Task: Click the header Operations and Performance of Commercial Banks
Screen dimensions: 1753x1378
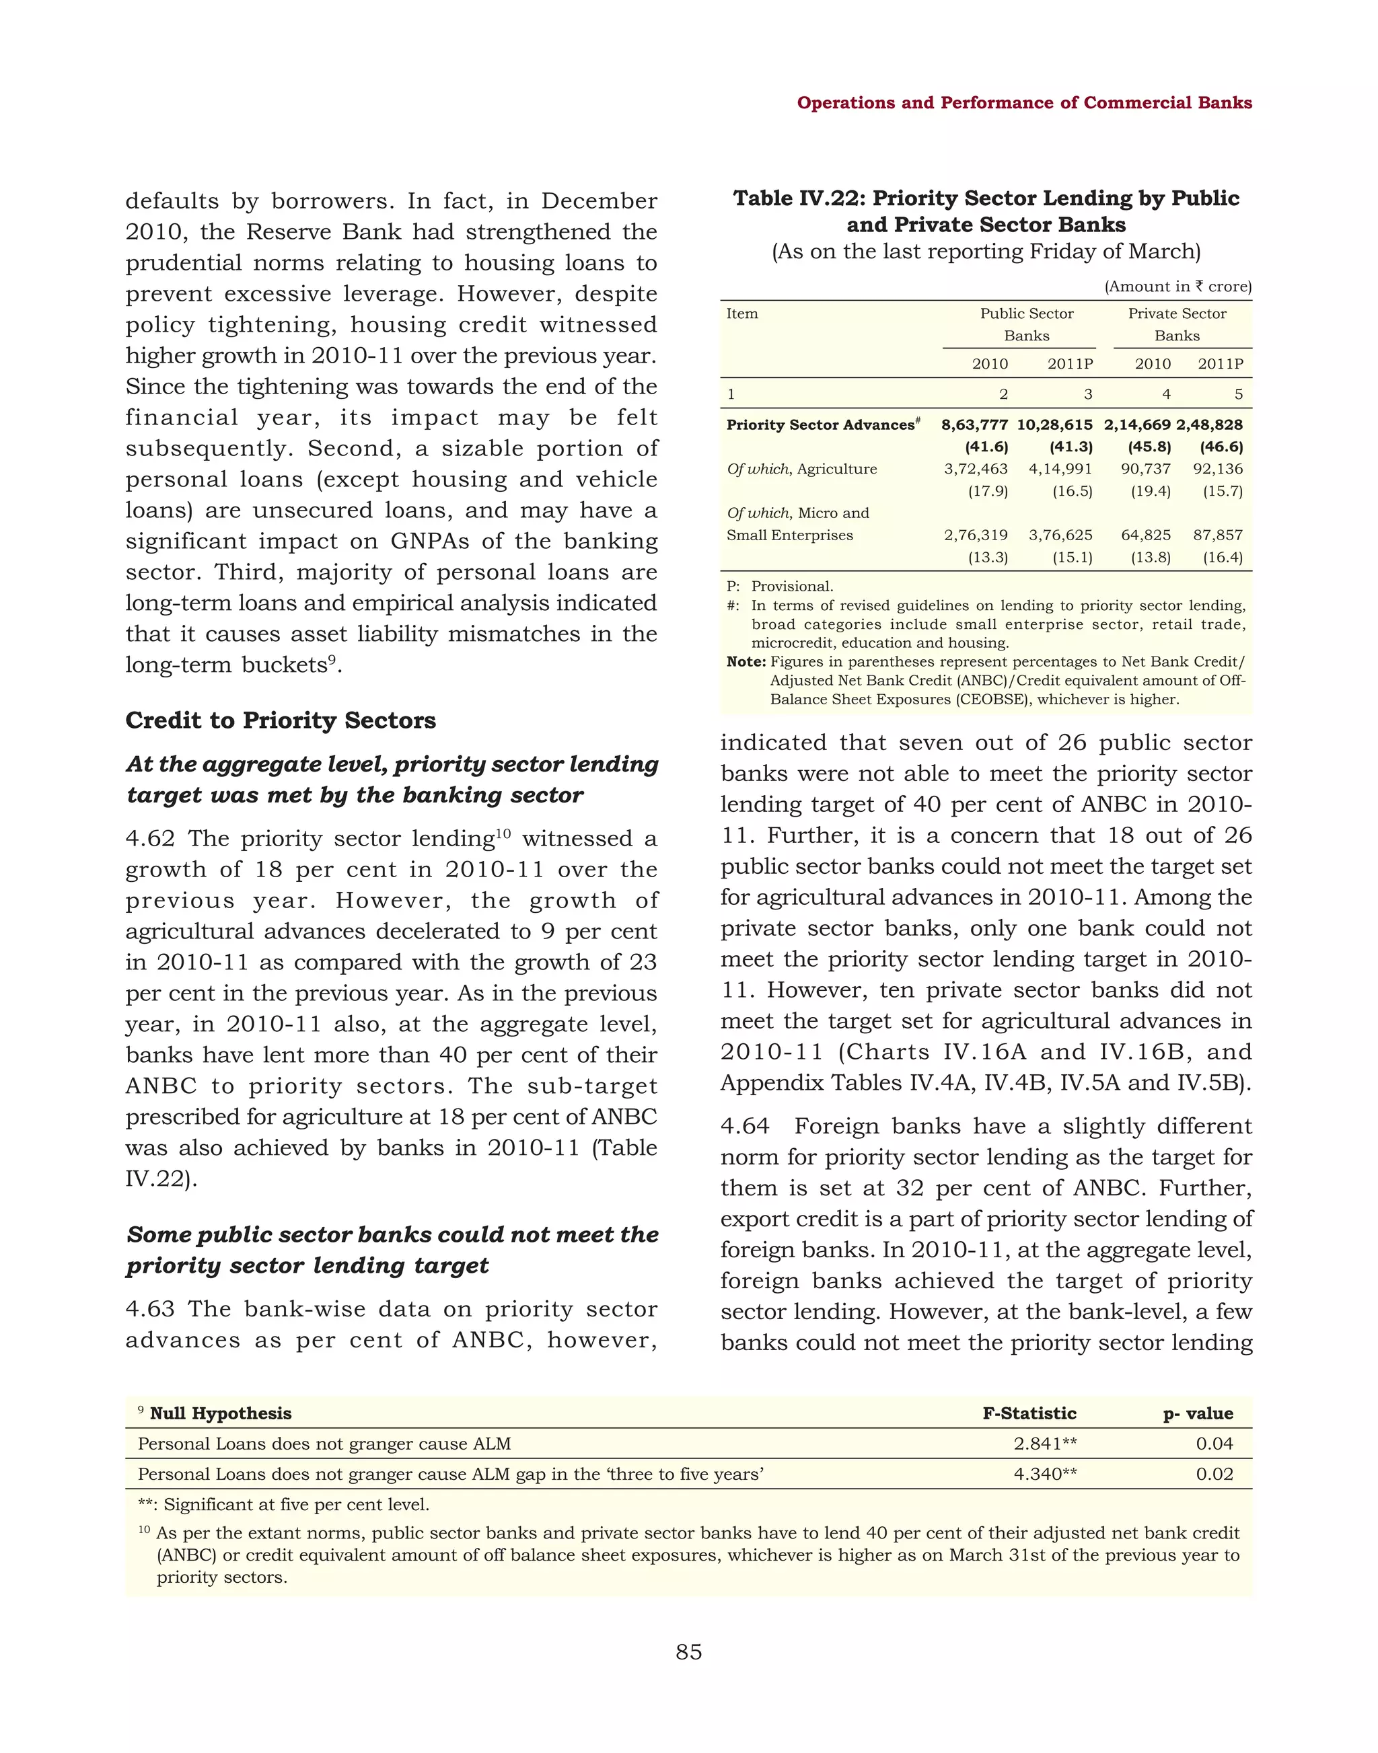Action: point(1024,102)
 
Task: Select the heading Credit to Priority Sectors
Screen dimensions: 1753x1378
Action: point(280,720)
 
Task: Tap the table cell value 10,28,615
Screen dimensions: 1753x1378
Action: point(1054,425)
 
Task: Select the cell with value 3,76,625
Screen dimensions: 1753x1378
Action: point(1060,535)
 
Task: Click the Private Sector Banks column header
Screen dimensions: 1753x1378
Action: point(1176,324)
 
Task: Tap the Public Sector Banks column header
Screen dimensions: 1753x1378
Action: point(1026,324)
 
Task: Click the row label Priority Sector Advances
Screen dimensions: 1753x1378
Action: point(820,425)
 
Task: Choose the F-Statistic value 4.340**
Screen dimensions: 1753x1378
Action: point(1045,1474)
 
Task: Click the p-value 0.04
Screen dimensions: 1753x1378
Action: point(1214,1443)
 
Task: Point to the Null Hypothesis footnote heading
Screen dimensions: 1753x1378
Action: point(220,1413)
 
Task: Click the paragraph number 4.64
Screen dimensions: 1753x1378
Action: point(745,1126)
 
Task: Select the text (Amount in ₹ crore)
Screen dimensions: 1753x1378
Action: point(1177,287)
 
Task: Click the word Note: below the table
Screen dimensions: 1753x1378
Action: point(746,661)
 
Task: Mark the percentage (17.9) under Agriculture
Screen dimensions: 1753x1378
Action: point(988,491)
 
